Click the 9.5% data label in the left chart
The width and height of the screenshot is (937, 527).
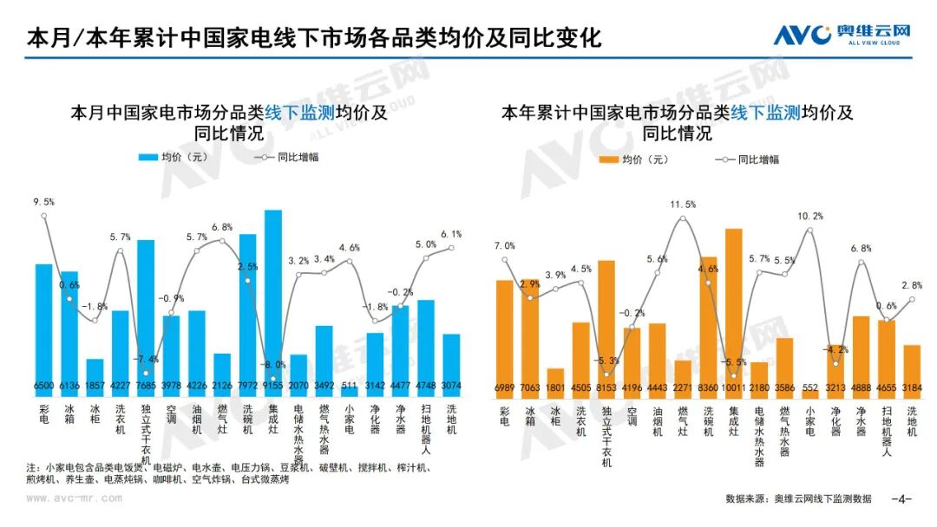[x=43, y=202]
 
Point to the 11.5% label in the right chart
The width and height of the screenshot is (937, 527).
[x=683, y=204]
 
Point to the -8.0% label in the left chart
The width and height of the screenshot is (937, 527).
[x=273, y=364]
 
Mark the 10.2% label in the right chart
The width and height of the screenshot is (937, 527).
[x=809, y=216]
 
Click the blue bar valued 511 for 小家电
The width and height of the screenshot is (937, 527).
[x=350, y=392]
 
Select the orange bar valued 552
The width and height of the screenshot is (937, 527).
[x=810, y=393]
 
